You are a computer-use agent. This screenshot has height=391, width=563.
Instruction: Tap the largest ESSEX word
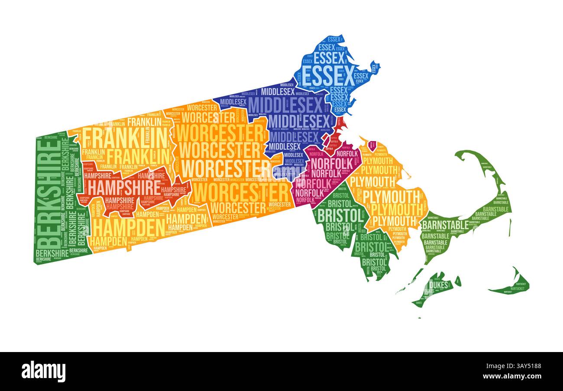pyautogui.click(x=323, y=77)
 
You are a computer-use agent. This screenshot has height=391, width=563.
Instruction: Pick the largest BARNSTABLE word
pyautogui.click(x=445, y=225)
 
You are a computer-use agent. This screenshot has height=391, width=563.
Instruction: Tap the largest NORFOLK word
pyautogui.click(x=332, y=163)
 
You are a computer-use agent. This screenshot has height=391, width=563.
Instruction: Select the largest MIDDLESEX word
pyautogui.click(x=286, y=105)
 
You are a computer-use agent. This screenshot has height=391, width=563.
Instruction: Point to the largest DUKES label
pyautogui.click(x=439, y=284)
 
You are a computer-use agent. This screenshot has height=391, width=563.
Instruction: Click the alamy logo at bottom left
pyautogui.click(x=44, y=371)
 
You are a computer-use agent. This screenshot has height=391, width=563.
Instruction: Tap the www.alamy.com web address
pyautogui.click(x=513, y=377)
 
